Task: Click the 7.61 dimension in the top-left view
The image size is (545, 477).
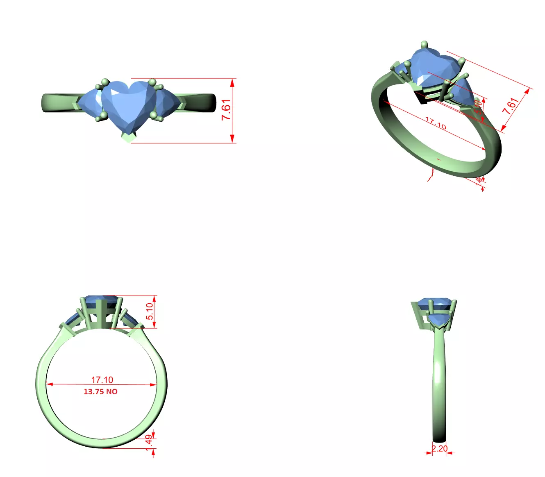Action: click(x=226, y=109)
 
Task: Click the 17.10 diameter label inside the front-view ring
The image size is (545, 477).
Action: click(x=102, y=380)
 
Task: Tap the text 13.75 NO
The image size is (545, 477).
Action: click(x=100, y=392)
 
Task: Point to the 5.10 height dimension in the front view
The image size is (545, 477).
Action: click(x=150, y=311)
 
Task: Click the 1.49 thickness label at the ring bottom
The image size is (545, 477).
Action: click(x=149, y=443)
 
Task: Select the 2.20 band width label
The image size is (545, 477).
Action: click(x=439, y=448)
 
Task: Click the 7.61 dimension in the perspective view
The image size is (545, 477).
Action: click(x=511, y=106)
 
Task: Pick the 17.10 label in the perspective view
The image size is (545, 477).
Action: click(x=435, y=123)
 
